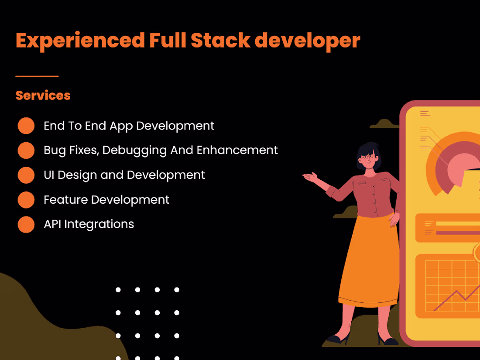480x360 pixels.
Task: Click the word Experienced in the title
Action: [80, 41]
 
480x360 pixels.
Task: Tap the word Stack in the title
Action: [220, 41]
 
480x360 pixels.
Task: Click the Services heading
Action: [43, 96]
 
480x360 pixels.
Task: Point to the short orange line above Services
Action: [37, 76]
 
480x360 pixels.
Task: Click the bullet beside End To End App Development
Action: [26, 126]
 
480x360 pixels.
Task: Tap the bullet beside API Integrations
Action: [26, 224]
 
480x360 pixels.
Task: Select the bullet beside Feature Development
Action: [26, 200]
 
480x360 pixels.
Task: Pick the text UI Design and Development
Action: [124, 175]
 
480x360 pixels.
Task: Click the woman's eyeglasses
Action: [369, 156]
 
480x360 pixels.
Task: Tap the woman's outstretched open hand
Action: [311, 177]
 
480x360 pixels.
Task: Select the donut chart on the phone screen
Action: [449, 166]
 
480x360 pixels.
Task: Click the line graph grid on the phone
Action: [449, 286]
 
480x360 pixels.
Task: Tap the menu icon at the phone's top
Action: [425, 113]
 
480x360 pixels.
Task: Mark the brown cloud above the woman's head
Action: [384, 124]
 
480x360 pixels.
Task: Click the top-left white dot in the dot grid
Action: [118, 290]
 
